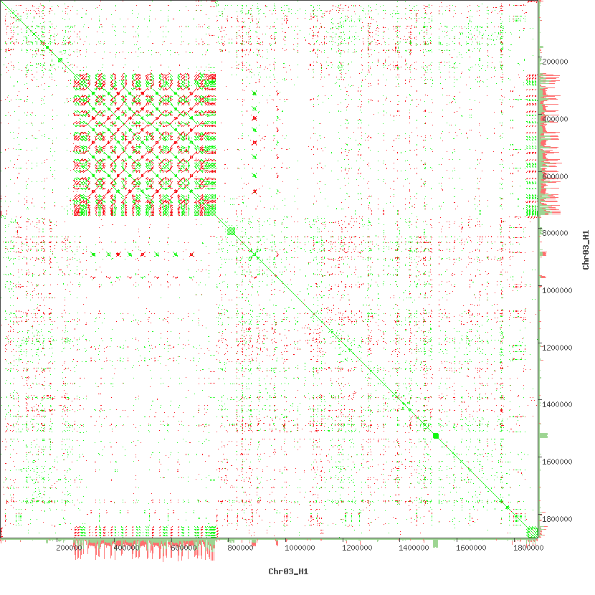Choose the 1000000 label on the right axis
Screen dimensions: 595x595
coord(559,290)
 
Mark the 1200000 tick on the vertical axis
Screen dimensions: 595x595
coord(559,348)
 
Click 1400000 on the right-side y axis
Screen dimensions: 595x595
coord(559,404)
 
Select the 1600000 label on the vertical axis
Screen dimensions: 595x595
coord(559,462)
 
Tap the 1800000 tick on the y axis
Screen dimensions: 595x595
coord(559,519)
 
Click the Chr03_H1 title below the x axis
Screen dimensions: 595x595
coord(288,571)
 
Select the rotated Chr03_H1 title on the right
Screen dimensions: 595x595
coord(586,249)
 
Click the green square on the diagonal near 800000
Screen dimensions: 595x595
coord(231,230)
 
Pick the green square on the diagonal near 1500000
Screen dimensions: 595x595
coord(436,435)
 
